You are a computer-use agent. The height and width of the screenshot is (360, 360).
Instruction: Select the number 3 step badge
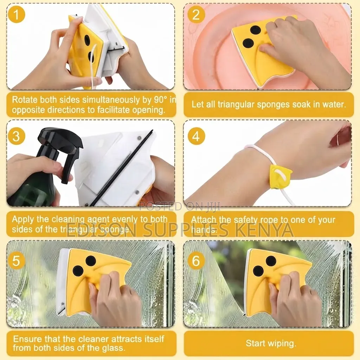click(16, 136)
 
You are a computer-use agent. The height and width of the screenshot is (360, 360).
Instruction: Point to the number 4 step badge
click(196, 136)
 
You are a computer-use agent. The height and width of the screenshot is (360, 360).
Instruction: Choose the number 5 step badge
click(16, 261)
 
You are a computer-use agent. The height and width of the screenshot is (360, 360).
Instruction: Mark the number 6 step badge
click(196, 261)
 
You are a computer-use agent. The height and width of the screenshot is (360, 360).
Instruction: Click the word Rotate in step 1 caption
click(25, 100)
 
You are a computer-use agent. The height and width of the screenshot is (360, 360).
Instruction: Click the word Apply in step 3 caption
click(23, 219)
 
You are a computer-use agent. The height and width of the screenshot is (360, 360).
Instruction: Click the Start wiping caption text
click(271, 343)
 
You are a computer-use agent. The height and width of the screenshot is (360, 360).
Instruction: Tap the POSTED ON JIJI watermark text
click(180, 206)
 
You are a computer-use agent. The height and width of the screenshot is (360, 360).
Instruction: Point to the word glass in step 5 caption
click(113, 348)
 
